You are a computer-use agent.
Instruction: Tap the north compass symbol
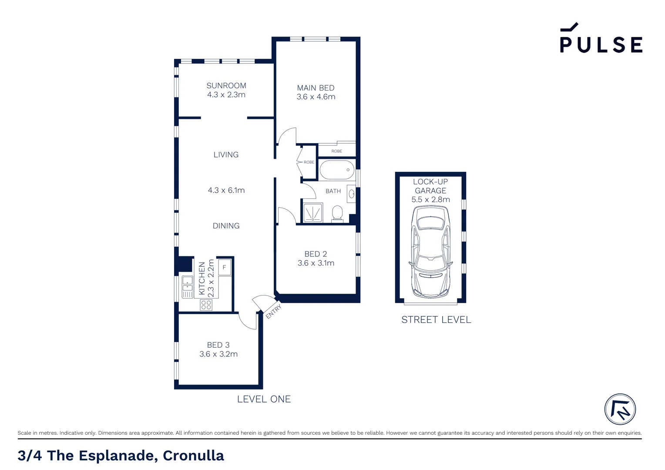point(620,409)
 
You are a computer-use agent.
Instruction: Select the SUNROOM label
point(226,86)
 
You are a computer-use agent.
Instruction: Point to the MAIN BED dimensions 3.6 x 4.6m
point(316,97)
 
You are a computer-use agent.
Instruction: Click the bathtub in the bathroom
point(337,170)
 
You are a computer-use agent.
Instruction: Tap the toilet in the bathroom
point(337,214)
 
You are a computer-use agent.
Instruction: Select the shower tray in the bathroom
point(312,213)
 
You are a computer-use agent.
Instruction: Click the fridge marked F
point(224,267)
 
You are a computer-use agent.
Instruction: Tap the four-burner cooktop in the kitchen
point(206,305)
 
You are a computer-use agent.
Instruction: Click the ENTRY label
point(274,312)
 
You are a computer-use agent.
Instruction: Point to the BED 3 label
point(218,345)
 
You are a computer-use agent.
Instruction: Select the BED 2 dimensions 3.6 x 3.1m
point(316,263)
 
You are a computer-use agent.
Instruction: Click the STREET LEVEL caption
point(436,320)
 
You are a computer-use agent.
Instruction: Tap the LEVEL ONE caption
point(264,399)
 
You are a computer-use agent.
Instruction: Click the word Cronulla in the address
point(193,456)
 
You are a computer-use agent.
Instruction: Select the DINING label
point(226,226)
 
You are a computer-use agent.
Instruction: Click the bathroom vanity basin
point(351,194)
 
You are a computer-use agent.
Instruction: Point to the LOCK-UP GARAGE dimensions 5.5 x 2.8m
point(430,200)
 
